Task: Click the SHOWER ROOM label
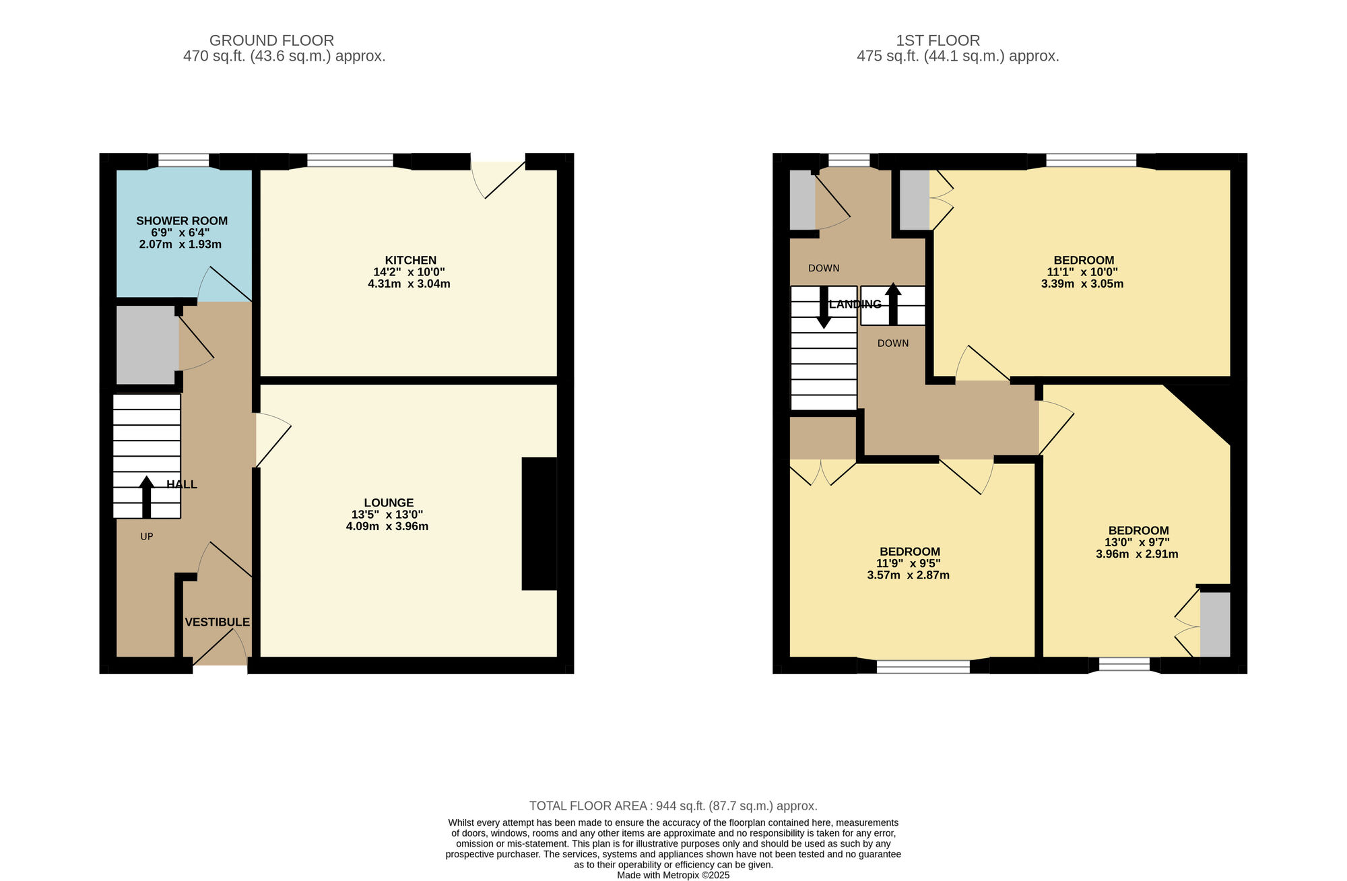182,221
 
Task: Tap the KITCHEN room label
411,261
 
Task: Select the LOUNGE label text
389,503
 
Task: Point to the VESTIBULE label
218,622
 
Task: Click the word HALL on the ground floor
182,485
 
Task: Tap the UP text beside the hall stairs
147,537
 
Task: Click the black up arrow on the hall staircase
146,497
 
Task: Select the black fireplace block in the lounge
539,524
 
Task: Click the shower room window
184,160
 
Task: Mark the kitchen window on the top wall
350,160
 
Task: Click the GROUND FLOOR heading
271,40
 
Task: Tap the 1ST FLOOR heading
938,40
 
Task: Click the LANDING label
855,304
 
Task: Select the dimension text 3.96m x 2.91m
1137,554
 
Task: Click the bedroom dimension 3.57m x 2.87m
908,575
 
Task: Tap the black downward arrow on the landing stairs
824,307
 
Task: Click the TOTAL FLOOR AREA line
673,806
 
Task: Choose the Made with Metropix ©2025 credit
673,876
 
